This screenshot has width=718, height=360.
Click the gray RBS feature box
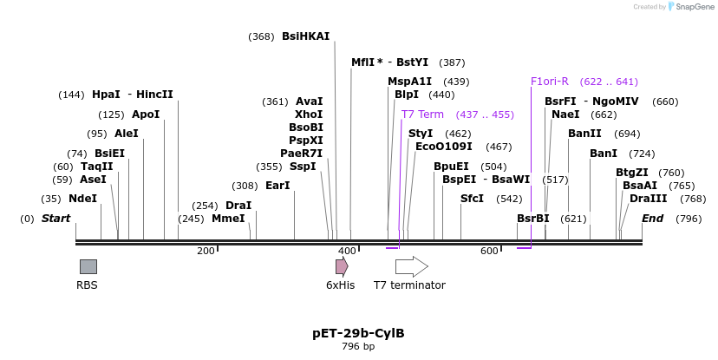(88, 266)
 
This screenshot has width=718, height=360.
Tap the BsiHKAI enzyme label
(305, 36)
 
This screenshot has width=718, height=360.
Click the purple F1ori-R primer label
(550, 82)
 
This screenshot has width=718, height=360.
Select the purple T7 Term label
(422, 115)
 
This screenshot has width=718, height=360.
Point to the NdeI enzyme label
(83, 199)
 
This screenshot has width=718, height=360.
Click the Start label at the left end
(56, 219)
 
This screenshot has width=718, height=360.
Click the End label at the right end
(653, 219)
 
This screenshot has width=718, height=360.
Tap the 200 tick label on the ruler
(206, 252)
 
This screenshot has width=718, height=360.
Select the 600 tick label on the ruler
(489, 252)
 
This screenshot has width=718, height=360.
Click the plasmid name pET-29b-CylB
(358, 333)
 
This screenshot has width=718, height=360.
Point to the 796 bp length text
(358, 347)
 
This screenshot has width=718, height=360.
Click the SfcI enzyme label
(473, 199)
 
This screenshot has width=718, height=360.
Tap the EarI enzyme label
(277, 186)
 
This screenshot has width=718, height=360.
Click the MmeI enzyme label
(228, 219)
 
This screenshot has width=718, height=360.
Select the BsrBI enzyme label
(533, 219)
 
